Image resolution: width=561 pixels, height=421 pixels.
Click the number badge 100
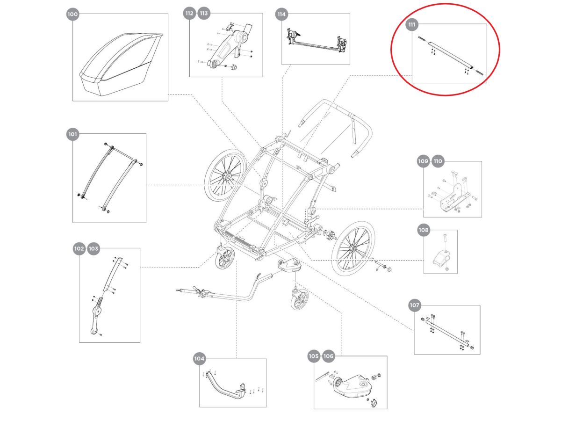point(72,15)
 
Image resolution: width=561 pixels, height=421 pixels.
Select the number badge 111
point(412,24)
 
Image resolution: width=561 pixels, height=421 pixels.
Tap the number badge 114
point(281,14)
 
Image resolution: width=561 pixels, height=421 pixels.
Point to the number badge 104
point(199,359)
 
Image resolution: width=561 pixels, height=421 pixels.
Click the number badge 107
point(414,305)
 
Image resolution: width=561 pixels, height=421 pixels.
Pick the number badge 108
point(424,230)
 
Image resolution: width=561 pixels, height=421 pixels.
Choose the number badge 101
point(72,134)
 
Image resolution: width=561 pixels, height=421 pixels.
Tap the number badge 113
point(204,14)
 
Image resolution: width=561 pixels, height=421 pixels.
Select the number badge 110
point(438,161)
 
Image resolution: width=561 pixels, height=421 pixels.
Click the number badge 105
point(314,356)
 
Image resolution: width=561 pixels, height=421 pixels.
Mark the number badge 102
point(79,249)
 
